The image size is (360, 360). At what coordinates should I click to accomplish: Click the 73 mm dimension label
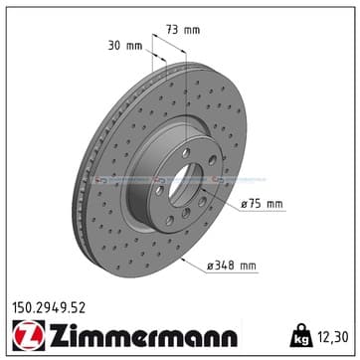pos(183,30)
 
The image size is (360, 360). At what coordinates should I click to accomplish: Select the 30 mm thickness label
pos(125,46)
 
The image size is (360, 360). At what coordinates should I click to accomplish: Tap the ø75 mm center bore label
pos(262,204)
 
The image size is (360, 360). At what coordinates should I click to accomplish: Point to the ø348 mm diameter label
pos(232,266)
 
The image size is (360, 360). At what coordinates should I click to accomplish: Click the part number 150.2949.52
pos(49,308)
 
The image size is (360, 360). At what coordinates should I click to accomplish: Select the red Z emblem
pos(29,335)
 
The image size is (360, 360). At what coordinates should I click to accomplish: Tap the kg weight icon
pos(301,335)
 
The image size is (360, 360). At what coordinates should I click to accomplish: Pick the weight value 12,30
pos(333,337)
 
